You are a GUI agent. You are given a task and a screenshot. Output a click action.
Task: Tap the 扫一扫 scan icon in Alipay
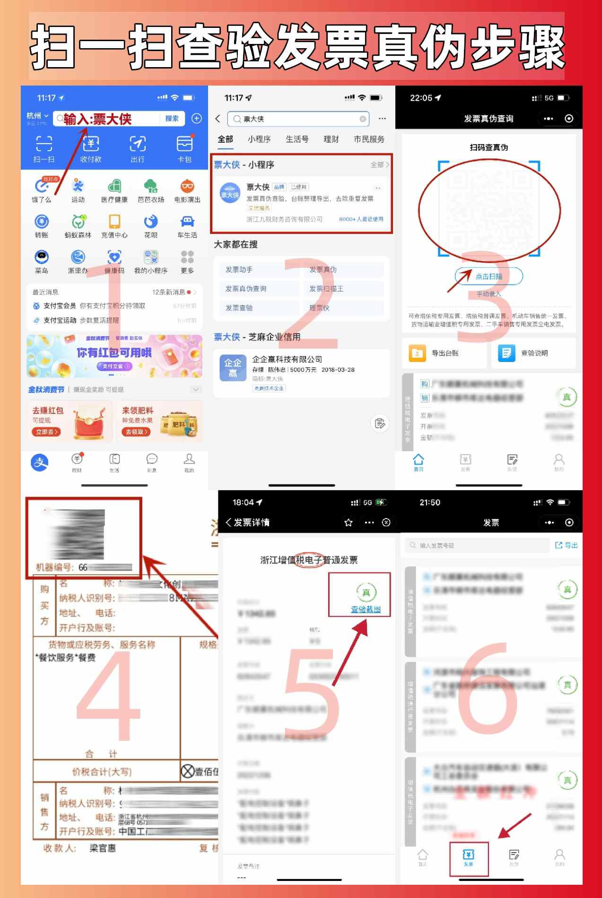coord(44,144)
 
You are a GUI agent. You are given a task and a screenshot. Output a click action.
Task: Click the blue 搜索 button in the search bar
coord(172,119)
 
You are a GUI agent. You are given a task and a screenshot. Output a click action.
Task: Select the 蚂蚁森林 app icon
coord(79,222)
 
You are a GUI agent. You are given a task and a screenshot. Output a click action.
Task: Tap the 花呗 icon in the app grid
coord(151,222)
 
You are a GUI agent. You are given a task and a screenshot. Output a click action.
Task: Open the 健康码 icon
coord(114,258)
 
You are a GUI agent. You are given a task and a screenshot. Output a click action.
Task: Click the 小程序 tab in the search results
coord(259,139)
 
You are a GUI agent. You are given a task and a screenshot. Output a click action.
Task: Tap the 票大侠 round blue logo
coord(230,194)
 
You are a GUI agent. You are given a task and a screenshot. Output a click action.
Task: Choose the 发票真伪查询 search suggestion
coord(246,289)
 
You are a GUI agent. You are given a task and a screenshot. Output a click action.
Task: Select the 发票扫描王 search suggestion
coord(326,289)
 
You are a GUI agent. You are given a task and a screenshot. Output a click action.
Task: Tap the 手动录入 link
coord(489,294)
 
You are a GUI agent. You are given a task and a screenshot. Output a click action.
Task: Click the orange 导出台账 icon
coord(417,353)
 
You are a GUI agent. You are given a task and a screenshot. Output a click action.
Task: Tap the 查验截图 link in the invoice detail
coord(366,609)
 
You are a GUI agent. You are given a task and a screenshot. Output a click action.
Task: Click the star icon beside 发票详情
coord(349,522)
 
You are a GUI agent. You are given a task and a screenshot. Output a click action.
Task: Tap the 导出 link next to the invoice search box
coord(567,545)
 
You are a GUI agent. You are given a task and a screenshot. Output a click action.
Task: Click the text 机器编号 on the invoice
coord(54,567)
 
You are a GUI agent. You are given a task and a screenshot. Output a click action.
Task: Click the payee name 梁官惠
coord(103,848)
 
